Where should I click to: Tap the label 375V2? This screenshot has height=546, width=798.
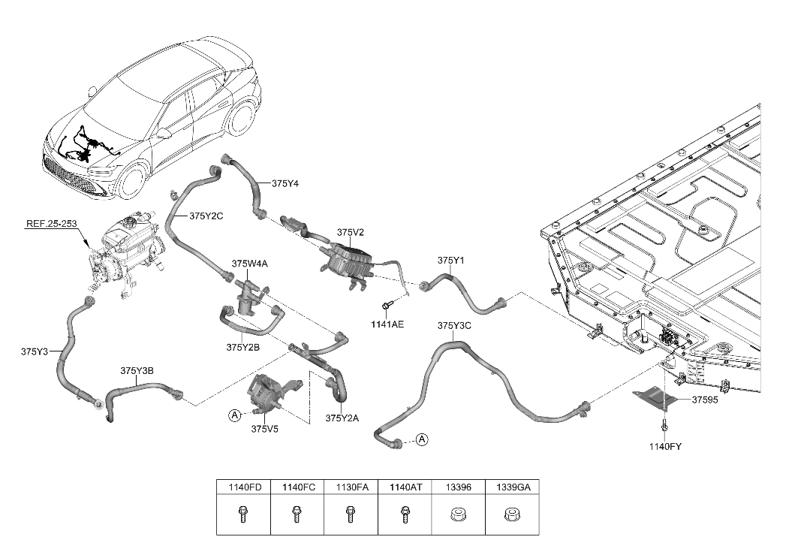pos(350,233)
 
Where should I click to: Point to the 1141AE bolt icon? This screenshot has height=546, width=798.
pos(387,305)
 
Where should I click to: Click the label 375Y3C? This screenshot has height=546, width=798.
pos(453,325)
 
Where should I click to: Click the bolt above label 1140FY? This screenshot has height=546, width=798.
pos(664,426)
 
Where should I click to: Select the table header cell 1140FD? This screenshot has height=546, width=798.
pos(244,487)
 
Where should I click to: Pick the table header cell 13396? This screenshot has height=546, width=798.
pos(458,487)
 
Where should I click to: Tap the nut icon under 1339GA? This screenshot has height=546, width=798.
pos(511,516)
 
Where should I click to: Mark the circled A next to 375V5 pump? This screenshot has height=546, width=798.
pos(235,415)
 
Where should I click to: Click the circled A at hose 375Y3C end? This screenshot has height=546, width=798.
pos(422,439)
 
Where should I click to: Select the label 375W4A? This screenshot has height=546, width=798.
pos(250,264)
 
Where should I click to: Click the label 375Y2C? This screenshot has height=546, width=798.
pos(206,216)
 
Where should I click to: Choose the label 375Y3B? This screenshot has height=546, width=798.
pos(137,370)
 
